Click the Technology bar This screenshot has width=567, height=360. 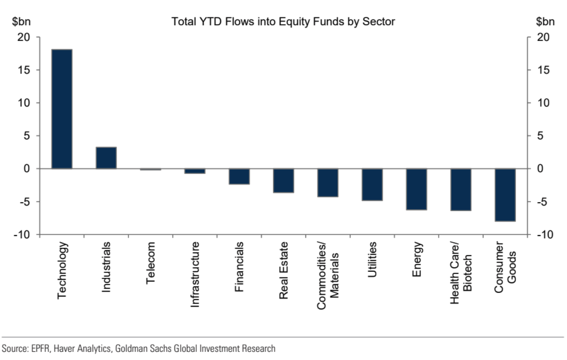[x=62, y=109]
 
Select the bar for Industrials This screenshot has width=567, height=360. [x=106, y=158]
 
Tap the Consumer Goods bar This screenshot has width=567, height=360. [x=505, y=195]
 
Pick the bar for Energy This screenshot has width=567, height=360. [x=416, y=189]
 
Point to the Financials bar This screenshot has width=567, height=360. [x=239, y=176]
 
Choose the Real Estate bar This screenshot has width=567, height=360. [x=283, y=180]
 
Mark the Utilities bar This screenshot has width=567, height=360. [x=372, y=185]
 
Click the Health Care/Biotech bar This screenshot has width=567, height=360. [x=461, y=189]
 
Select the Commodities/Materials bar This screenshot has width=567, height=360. [x=328, y=182]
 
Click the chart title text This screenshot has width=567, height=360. [x=283, y=21]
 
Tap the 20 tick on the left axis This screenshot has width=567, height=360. [x=24, y=37]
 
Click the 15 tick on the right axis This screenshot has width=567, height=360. [x=543, y=70]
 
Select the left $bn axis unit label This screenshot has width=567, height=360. [x=21, y=21]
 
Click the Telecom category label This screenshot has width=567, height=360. [x=150, y=263]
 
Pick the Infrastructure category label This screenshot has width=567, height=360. [x=195, y=274]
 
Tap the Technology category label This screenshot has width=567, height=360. [x=62, y=270]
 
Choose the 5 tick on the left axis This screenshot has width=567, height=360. [x=27, y=136]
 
